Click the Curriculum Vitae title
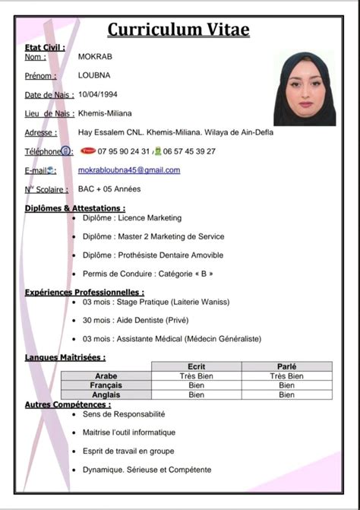point(178,29)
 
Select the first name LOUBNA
point(94,75)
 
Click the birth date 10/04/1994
point(98,94)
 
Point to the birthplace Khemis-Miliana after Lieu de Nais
point(105,113)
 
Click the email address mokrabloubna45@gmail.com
point(129,170)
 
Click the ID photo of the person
point(305,89)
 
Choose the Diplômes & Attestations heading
point(75,207)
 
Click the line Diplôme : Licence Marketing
point(132,217)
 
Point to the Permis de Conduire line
point(148,274)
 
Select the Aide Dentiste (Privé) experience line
point(136,320)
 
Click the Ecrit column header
point(197,366)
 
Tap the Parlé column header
point(286,366)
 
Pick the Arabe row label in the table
point(106,375)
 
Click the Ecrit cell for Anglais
point(197,394)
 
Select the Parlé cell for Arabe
point(286,375)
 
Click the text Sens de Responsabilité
point(124,414)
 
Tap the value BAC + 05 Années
point(109,188)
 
